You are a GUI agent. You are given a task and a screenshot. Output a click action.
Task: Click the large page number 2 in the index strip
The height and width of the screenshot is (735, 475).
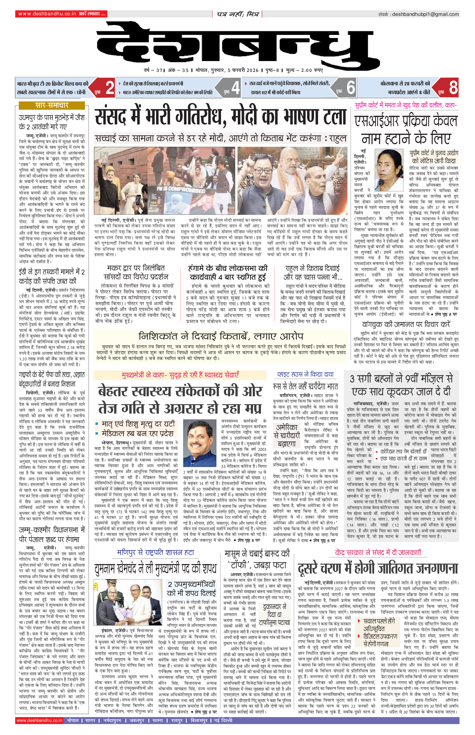(x=110, y=88)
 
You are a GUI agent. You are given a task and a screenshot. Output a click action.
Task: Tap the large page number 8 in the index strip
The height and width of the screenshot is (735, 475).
(x=453, y=88)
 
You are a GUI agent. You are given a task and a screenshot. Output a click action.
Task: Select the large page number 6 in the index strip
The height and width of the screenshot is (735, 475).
(x=351, y=88)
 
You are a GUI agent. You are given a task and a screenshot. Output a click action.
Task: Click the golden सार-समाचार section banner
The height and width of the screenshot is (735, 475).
(x=52, y=105)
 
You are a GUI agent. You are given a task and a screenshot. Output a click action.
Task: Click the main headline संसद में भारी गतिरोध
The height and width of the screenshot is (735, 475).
(x=220, y=118)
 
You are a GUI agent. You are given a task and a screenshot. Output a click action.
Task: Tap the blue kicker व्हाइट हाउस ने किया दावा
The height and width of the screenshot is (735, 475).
(x=305, y=375)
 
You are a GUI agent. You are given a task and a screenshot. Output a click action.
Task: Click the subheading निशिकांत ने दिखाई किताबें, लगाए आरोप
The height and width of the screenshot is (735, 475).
(x=221, y=336)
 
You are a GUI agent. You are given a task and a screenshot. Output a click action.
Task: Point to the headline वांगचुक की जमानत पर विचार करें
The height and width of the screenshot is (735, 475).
(x=406, y=324)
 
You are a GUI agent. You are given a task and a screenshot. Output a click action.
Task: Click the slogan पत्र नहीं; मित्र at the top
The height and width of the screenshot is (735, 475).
(x=237, y=14)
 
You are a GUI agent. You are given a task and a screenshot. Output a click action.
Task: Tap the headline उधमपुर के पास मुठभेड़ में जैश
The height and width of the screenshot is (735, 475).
(x=52, y=122)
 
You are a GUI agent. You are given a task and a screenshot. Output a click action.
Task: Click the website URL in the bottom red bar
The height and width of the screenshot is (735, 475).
(x=40, y=720)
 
